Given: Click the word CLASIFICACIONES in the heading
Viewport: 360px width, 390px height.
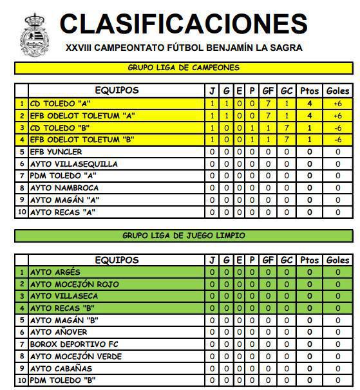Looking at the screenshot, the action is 184,24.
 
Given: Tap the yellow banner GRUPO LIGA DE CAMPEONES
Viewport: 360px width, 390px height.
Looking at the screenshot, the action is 184,68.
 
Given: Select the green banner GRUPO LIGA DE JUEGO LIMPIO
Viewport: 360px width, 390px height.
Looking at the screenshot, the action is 184,236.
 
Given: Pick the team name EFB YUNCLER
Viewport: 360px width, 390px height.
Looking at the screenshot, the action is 56,152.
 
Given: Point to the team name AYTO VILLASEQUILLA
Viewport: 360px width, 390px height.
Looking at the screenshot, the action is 73,164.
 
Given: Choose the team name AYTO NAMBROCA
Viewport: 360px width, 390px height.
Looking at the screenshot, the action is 64,188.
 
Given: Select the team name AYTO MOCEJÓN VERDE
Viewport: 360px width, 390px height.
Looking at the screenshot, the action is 75,357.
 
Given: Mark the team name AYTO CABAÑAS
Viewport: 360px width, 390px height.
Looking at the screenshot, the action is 62,369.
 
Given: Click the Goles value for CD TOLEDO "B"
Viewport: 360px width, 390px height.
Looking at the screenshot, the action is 337,127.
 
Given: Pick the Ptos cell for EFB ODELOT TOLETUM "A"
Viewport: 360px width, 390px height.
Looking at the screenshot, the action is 310,115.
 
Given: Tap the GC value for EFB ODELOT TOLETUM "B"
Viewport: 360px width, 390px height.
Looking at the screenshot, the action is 287,140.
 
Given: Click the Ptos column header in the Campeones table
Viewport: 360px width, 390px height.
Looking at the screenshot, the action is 310,91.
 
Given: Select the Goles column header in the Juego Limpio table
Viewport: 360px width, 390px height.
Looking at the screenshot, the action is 337,260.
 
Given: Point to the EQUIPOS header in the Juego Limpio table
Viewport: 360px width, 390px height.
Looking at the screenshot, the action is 117,260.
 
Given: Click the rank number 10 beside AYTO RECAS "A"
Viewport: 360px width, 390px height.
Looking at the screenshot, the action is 22,212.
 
